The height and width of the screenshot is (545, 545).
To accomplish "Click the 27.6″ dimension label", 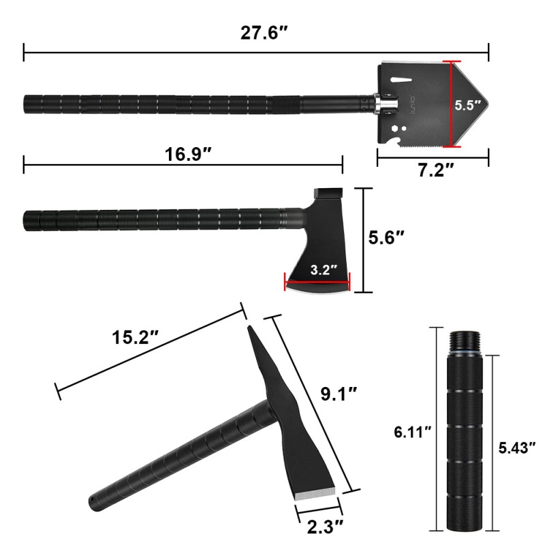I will [x=260, y=32].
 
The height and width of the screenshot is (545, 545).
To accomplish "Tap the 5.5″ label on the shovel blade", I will [x=469, y=106].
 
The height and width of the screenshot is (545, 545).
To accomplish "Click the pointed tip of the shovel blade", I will [x=486, y=105].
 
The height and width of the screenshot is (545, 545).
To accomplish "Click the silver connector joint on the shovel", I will [x=386, y=105].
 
